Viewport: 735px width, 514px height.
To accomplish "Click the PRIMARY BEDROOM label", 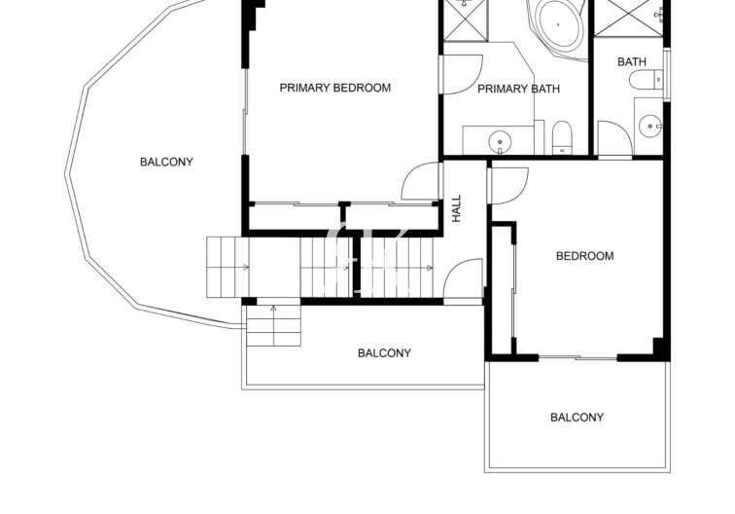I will coord(334,88).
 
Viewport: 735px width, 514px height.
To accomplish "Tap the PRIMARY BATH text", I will coord(518,90).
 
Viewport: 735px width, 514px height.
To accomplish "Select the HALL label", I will coord(456,209).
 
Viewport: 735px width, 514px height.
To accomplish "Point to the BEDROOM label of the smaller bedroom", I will coord(584,257).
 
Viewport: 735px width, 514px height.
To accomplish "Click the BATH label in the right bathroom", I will coord(631,62).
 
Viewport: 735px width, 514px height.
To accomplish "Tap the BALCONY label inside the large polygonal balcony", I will coord(166,163).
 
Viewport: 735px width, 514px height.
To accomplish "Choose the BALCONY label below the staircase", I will coord(384,353).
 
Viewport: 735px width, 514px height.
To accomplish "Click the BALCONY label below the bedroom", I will coord(577,418).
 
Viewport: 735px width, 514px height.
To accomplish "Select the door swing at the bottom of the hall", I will coord(465,278).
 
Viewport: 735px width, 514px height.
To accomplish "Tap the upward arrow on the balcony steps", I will coord(273,311).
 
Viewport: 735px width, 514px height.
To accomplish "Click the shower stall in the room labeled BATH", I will coord(632,19).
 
